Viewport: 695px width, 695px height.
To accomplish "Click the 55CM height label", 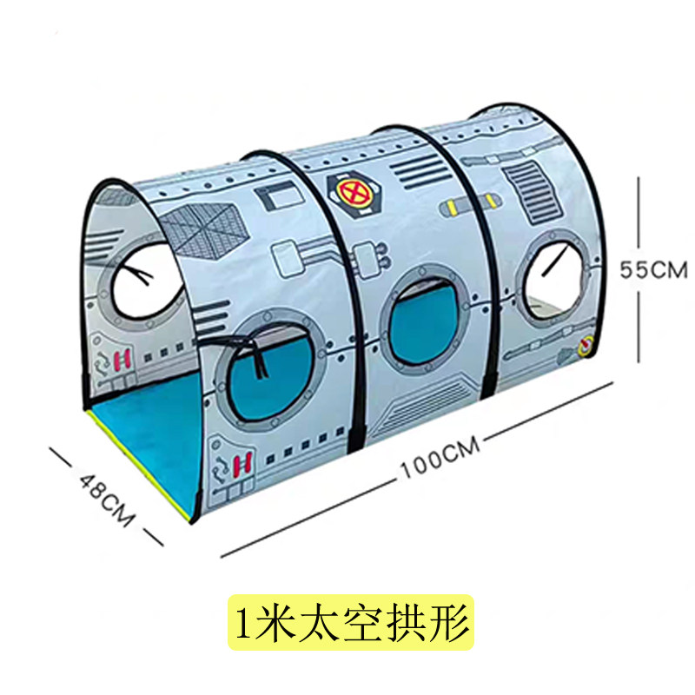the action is click(652, 270).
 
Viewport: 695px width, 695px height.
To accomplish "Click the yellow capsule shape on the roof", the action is click(468, 206).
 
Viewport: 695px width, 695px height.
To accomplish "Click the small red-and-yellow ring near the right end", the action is click(586, 349).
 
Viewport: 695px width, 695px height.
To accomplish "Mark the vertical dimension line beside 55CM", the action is click(640, 269).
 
